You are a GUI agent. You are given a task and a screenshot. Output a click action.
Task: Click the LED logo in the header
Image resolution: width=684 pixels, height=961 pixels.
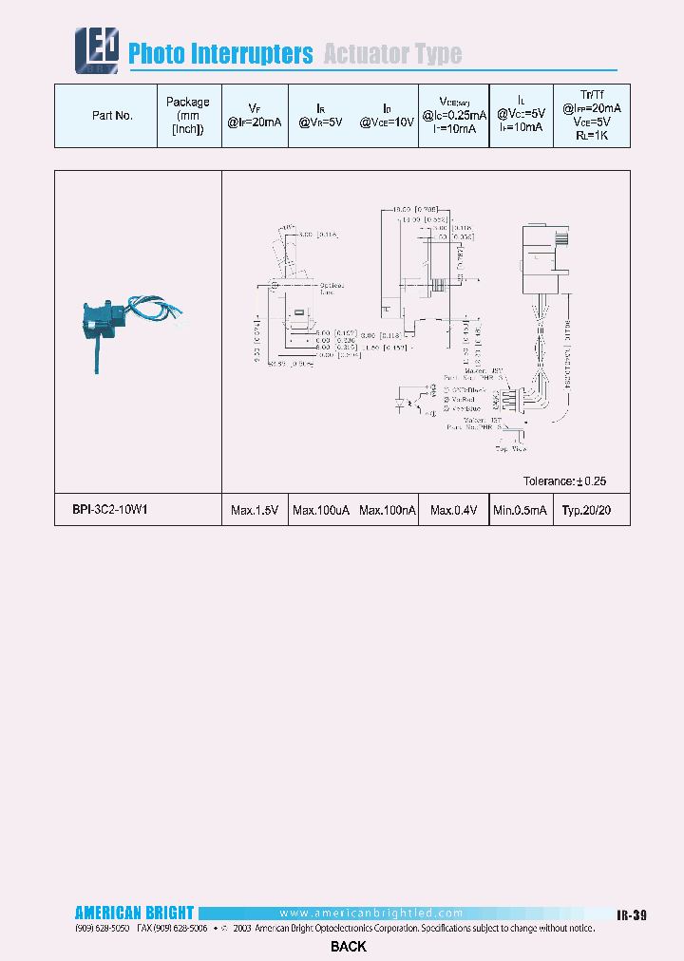pos(97,48)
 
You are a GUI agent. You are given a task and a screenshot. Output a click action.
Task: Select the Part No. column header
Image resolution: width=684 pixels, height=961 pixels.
pos(112,116)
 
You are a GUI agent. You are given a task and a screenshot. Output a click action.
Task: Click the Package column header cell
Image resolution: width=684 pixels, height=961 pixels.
pos(188,116)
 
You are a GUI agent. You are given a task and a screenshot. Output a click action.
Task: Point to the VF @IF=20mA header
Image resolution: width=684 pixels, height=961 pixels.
pos(253,116)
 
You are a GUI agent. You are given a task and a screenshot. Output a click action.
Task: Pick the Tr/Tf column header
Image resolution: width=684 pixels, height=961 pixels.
pos(599,115)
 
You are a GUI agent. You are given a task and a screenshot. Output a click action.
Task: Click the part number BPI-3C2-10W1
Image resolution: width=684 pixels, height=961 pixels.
pos(110,510)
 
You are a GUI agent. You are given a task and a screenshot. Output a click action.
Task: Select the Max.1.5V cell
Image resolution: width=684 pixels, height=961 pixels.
pos(255,511)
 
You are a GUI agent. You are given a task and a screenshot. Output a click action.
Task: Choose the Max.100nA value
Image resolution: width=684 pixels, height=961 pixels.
pos(388,511)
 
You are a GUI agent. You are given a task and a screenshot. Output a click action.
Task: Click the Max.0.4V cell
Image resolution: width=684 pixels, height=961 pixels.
pos(453,511)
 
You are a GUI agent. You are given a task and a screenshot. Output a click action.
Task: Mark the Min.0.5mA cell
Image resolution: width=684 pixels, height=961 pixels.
pos(521,511)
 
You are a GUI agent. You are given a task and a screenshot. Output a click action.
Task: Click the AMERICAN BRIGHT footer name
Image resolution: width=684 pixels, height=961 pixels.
pos(134,914)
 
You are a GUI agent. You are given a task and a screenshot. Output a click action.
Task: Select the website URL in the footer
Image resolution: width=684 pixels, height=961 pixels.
pos(371,913)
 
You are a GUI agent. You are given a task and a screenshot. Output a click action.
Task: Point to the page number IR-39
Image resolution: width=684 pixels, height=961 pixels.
pos(631,915)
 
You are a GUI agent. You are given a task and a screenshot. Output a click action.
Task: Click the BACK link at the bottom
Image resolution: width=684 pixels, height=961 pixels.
pos(349,946)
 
